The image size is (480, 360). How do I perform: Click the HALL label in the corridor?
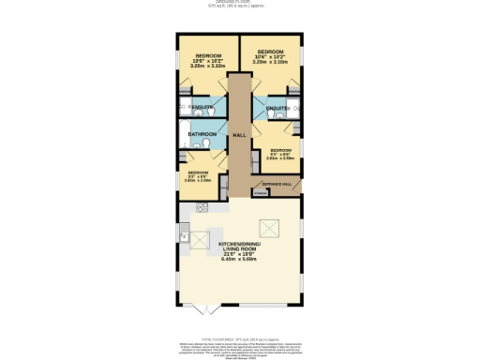click(x=239, y=135)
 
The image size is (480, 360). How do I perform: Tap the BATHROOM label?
click(x=202, y=135)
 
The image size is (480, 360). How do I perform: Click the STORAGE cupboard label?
click(x=260, y=194)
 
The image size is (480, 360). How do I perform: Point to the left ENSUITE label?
click(x=202, y=110)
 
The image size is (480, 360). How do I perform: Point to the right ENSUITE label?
click(x=277, y=110)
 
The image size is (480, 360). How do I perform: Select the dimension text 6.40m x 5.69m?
click(x=239, y=261)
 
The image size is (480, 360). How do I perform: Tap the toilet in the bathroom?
click(x=218, y=143)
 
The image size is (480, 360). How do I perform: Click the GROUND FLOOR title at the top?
click(x=239, y=3)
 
